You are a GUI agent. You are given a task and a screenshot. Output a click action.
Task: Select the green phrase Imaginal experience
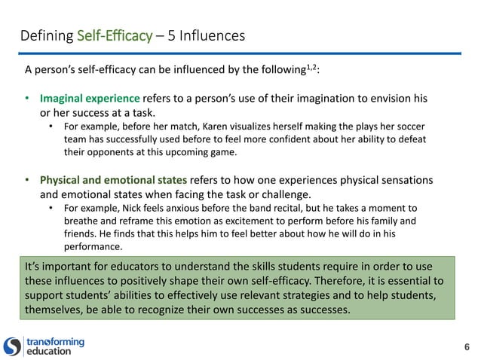pyautogui.click(x=90, y=99)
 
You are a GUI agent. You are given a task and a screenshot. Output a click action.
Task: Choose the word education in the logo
pyautogui.click(x=49, y=351)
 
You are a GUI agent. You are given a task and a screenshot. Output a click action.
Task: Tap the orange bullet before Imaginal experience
pyautogui.click(x=28, y=99)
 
